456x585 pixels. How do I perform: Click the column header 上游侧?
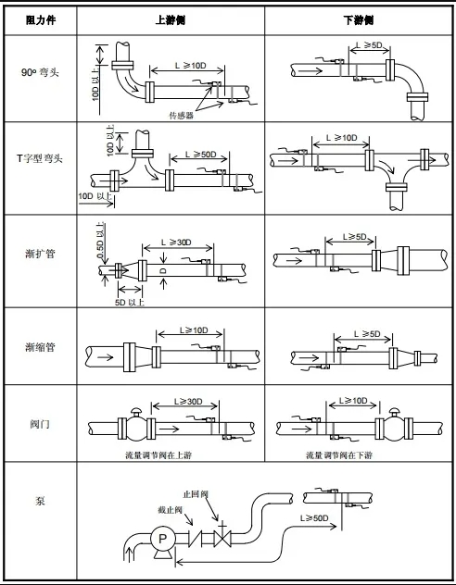click(x=171, y=20)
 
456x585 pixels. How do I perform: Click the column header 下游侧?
click(x=359, y=20)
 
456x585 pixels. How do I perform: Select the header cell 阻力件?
click(x=41, y=20)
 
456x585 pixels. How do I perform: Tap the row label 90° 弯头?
click(x=41, y=72)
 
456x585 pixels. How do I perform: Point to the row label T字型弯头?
click(x=40, y=158)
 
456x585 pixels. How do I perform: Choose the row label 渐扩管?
click(x=40, y=254)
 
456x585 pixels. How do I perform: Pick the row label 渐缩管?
click(x=40, y=347)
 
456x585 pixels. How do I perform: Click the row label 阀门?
click(x=40, y=424)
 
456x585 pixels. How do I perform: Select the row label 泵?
click(x=40, y=501)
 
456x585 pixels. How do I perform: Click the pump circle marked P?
click(x=162, y=539)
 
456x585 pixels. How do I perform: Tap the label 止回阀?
click(x=196, y=494)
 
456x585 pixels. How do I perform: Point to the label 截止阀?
click(x=170, y=510)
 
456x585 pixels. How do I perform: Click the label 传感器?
click(x=182, y=116)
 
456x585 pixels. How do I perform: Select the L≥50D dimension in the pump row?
click(x=314, y=518)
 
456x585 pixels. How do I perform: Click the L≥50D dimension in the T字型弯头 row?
click(x=201, y=154)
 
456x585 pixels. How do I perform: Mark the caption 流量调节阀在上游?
click(x=158, y=455)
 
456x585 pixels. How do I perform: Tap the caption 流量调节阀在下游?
click(x=339, y=455)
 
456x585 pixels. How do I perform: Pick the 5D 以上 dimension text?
click(x=130, y=302)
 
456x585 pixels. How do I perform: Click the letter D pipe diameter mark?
click(x=163, y=270)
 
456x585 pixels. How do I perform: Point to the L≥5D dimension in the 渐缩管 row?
click(x=367, y=333)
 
